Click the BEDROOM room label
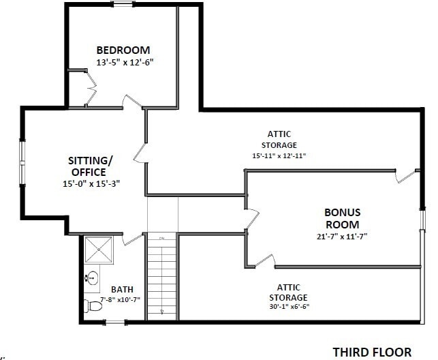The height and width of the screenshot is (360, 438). pyautogui.click(x=123, y=50)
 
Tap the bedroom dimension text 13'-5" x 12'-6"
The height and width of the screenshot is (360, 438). pyautogui.click(x=125, y=62)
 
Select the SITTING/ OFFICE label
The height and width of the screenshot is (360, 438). pyautogui.click(x=89, y=166)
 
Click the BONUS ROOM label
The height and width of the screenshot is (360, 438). pyautogui.click(x=342, y=218)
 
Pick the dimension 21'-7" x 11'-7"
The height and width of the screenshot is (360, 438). pyautogui.click(x=342, y=237)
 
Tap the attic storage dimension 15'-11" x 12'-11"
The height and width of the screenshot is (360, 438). pyautogui.click(x=279, y=155)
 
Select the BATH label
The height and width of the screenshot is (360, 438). pyautogui.click(x=122, y=289)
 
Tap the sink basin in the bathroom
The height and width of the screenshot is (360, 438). pyautogui.click(x=92, y=278)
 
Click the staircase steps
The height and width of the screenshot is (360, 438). pyautogui.click(x=162, y=275)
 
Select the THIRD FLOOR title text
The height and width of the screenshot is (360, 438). pyautogui.click(x=372, y=352)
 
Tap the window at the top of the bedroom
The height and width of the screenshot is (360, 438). pyautogui.click(x=123, y=4)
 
